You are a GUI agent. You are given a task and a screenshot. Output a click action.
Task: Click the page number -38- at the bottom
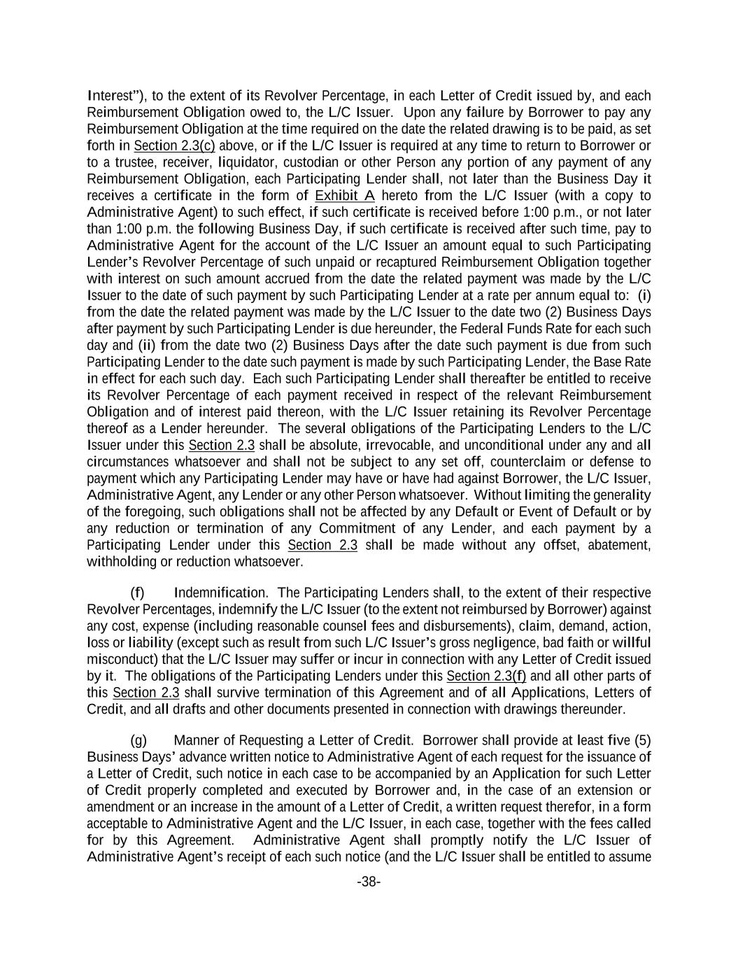click(369, 882)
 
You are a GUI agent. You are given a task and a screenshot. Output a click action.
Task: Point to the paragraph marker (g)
click(138, 740)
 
